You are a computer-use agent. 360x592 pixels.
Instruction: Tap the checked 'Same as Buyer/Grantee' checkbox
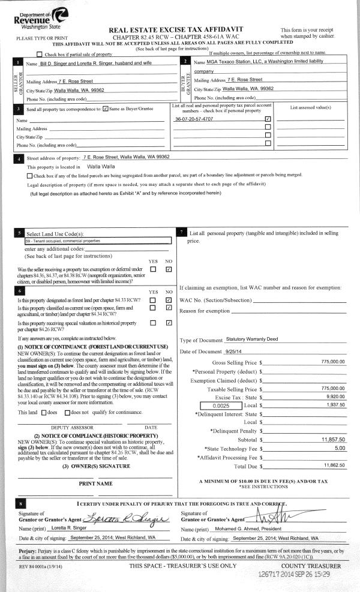(x=106, y=109)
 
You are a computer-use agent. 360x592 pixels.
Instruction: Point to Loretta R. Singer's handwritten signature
(x=128, y=519)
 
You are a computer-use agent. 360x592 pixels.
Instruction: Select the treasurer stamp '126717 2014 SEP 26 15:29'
(x=294, y=573)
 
